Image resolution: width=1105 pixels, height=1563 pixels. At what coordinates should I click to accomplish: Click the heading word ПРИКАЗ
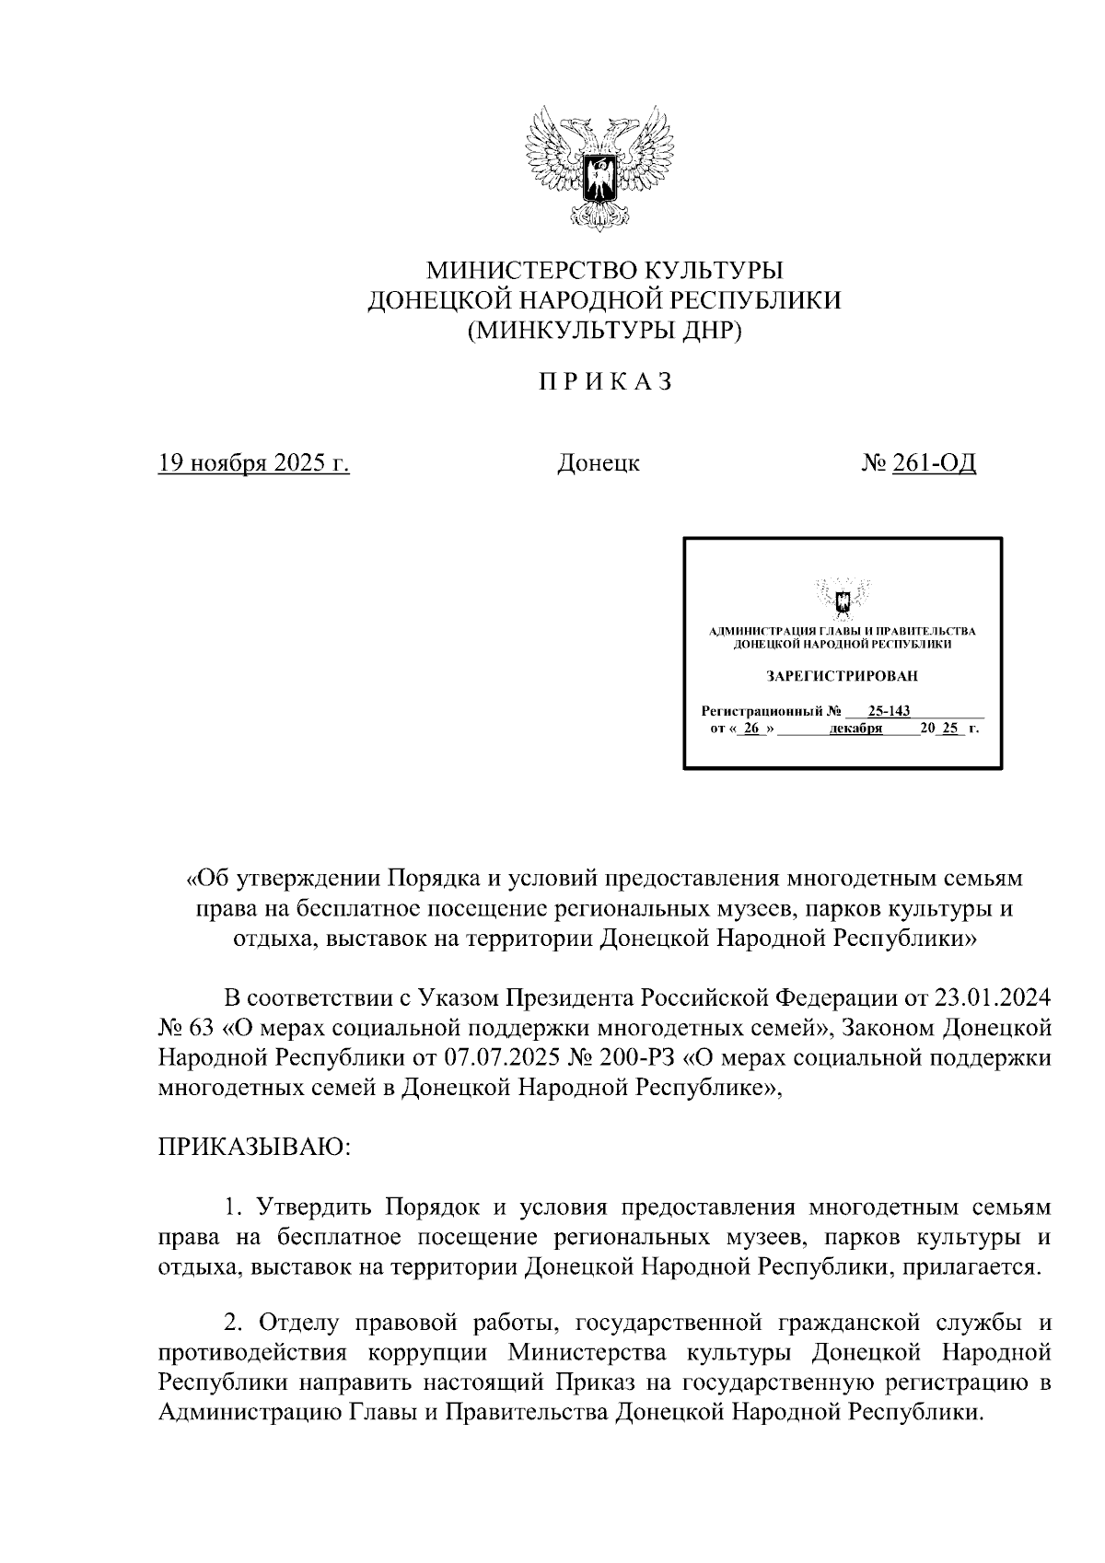(x=605, y=381)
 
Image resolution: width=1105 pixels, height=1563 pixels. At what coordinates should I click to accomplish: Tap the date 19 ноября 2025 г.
(x=254, y=462)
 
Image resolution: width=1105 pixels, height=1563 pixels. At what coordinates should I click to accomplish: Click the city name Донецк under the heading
(x=599, y=462)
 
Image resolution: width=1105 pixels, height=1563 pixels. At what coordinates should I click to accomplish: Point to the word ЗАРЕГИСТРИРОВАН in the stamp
(x=843, y=676)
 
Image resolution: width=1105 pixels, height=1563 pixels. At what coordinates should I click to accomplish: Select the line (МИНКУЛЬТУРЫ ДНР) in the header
(x=604, y=330)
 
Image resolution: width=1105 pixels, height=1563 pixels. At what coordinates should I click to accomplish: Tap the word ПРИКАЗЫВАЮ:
(x=251, y=1147)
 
